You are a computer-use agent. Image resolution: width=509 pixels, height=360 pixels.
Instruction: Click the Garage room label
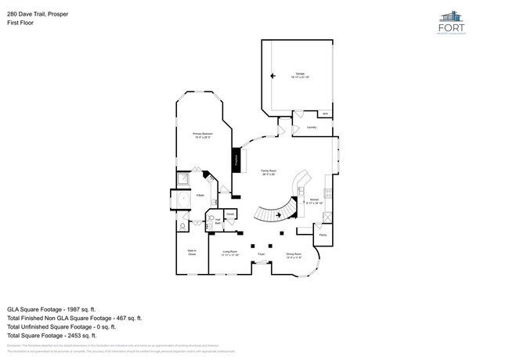coord(300,74)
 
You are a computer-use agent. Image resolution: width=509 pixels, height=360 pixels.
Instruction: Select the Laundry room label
coord(311,126)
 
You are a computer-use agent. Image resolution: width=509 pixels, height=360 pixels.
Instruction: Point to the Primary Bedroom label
coord(203,135)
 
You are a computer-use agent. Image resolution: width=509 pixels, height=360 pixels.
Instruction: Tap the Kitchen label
coord(313,201)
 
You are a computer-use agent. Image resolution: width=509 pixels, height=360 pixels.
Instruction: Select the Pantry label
coord(322,234)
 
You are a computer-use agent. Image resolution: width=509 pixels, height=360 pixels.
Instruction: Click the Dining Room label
coord(294,254)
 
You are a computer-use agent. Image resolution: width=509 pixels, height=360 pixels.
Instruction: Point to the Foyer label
coord(261,254)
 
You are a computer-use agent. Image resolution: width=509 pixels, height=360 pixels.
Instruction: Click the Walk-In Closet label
coord(192,252)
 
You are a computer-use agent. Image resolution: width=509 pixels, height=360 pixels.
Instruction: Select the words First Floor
coord(20,23)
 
